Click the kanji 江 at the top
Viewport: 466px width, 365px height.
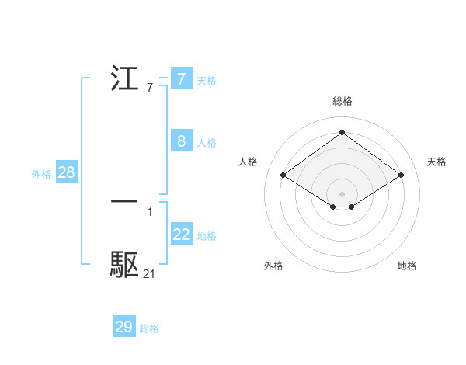tap(125, 78)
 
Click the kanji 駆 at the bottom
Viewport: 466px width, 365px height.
tap(125, 265)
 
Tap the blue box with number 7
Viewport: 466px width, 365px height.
tap(181, 79)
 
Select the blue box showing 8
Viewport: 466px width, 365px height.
tap(181, 141)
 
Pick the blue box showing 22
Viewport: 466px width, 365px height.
tap(181, 235)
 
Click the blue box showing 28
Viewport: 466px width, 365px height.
tap(66, 172)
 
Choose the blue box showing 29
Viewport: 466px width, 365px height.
tap(124, 327)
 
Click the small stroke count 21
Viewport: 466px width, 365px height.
tap(149, 273)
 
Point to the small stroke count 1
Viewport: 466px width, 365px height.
tap(149, 211)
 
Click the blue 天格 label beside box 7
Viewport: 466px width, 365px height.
tap(207, 80)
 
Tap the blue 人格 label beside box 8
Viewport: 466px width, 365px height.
tap(207, 142)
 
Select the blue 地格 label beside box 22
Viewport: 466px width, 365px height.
tap(207, 235)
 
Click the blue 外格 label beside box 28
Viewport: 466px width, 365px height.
tap(41, 174)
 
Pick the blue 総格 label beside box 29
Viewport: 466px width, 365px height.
tap(149, 328)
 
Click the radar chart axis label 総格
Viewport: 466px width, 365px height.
tap(342, 101)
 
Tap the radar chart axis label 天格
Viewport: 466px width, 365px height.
tap(437, 162)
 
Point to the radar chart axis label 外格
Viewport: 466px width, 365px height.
tap(273, 266)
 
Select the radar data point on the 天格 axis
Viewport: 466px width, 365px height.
tap(401, 176)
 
